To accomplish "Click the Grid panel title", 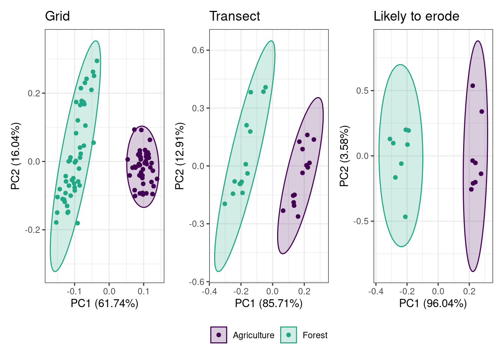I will (x=57, y=16).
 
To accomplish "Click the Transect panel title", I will (x=234, y=16).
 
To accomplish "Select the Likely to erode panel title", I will (x=416, y=16).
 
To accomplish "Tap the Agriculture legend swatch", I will (x=219, y=335).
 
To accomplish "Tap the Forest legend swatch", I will (x=288, y=335).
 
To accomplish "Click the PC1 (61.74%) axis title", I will (x=104, y=303).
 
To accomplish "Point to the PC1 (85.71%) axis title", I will (x=268, y=303).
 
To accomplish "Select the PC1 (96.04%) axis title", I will (x=433, y=303).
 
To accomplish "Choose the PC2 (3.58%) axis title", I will (x=344, y=156).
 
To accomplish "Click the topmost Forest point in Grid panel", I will (x=97, y=61).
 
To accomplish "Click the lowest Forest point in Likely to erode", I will (x=405, y=217).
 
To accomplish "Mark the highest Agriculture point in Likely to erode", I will (x=472, y=86).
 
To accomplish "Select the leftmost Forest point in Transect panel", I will (x=225, y=204).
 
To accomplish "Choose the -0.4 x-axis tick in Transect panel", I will (x=209, y=291).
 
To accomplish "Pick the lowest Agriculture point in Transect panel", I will (x=298, y=216).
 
